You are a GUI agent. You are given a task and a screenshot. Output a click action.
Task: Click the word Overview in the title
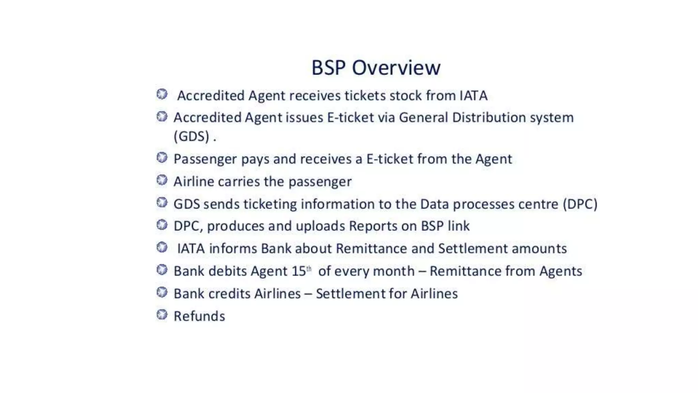pyautogui.click(x=396, y=68)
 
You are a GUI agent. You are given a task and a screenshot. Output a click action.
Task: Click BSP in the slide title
pyautogui.click(x=329, y=68)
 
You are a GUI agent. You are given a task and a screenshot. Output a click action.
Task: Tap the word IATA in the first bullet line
pyautogui.click(x=473, y=96)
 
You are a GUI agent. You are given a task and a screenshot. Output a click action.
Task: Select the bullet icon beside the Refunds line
pyautogui.click(x=162, y=315)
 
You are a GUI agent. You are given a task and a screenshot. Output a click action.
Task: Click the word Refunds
pyautogui.click(x=199, y=316)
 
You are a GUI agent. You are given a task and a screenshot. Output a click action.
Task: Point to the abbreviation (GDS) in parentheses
pyautogui.click(x=191, y=136)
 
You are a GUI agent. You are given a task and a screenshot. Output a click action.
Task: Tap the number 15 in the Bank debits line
pyautogui.click(x=299, y=271)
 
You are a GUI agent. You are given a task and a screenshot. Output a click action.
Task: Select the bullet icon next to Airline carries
pyautogui.click(x=162, y=180)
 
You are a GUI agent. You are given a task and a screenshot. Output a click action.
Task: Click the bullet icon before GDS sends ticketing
pyautogui.click(x=162, y=202)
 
